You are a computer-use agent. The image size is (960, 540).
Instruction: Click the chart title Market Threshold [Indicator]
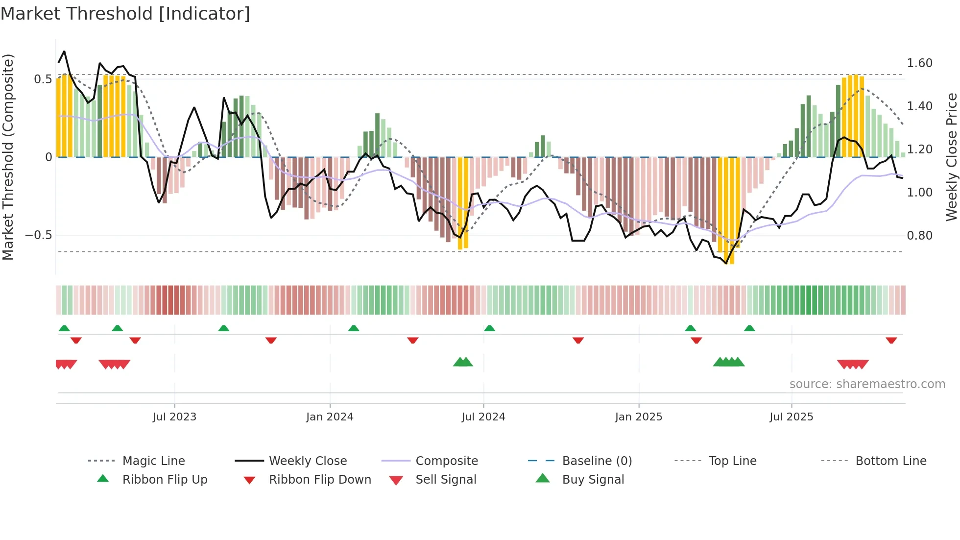click(125, 14)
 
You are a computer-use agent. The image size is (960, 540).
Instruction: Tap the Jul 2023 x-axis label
click(174, 417)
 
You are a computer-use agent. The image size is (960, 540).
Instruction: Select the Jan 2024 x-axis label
click(330, 417)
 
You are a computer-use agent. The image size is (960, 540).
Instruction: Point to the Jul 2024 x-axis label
click(483, 417)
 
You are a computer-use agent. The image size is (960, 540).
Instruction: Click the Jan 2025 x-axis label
click(639, 417)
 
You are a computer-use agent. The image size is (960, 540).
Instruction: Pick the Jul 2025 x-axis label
click(792, 417)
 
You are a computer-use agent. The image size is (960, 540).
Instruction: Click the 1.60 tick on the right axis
click(919, 63)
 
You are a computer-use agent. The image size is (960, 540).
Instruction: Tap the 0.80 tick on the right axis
click(919, 236)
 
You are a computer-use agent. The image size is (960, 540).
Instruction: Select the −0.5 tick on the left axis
click(38, 235)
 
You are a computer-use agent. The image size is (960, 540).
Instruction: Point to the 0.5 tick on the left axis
click(43, 79)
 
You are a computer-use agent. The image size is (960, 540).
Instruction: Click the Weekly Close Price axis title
click(951, 157)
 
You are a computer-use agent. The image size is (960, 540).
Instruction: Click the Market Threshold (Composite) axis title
click(8, 157)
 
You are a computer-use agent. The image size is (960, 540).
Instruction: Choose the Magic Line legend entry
click(153, 461)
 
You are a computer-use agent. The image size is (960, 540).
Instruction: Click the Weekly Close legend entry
click(308, 461)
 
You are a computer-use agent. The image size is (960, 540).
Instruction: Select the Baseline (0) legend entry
click(597, 461)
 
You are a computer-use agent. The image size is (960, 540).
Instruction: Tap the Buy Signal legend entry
click(593, 480)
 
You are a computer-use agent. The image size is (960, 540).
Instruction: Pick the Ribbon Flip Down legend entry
click(320, 480)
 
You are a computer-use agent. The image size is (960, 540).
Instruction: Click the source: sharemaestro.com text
click(867, 384)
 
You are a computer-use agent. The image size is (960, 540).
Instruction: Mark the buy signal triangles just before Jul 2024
click(463, 362)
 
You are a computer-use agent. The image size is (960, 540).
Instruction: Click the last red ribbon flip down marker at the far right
click(891, 340)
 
